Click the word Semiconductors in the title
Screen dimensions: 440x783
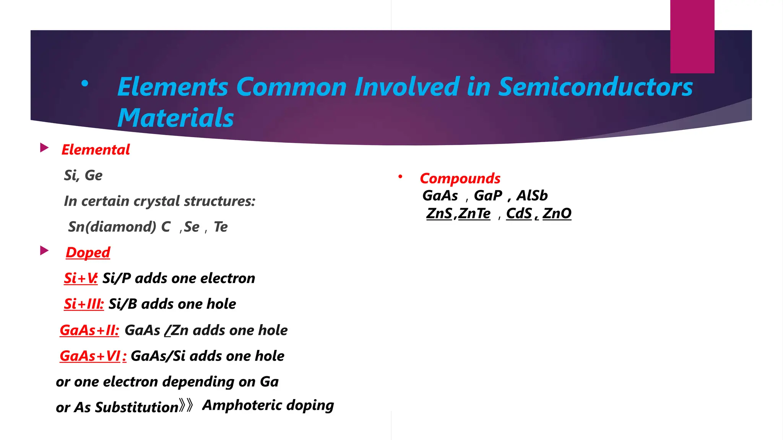[x=595, y=87]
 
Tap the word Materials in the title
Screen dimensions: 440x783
[x=175, y=118]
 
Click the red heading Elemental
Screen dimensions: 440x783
[x=96, y=150]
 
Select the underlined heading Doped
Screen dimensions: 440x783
[x=88, y=252]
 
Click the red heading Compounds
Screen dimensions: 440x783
[x=460, y=178]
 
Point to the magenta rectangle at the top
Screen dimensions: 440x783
[x=692, y=36]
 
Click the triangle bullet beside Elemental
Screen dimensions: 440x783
[x=44, y=148]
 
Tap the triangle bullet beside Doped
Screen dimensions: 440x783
[x=44, y=251]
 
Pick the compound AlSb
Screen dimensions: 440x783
[x=532, y=196]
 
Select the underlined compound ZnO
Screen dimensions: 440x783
[x=557, y=214]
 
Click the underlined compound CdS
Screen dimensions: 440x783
[x=519, y=214]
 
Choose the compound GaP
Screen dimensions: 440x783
[x=488, y=196]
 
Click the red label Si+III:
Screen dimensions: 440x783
[x=84, y=304]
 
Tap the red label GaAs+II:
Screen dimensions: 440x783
[x=89, y=330]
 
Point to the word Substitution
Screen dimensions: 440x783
[x=136, y=408]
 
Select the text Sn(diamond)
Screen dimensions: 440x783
[x=112, y=227]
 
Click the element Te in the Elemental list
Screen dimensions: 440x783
[x=221, y=227]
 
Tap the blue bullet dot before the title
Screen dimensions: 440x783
[x=85, y=83]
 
